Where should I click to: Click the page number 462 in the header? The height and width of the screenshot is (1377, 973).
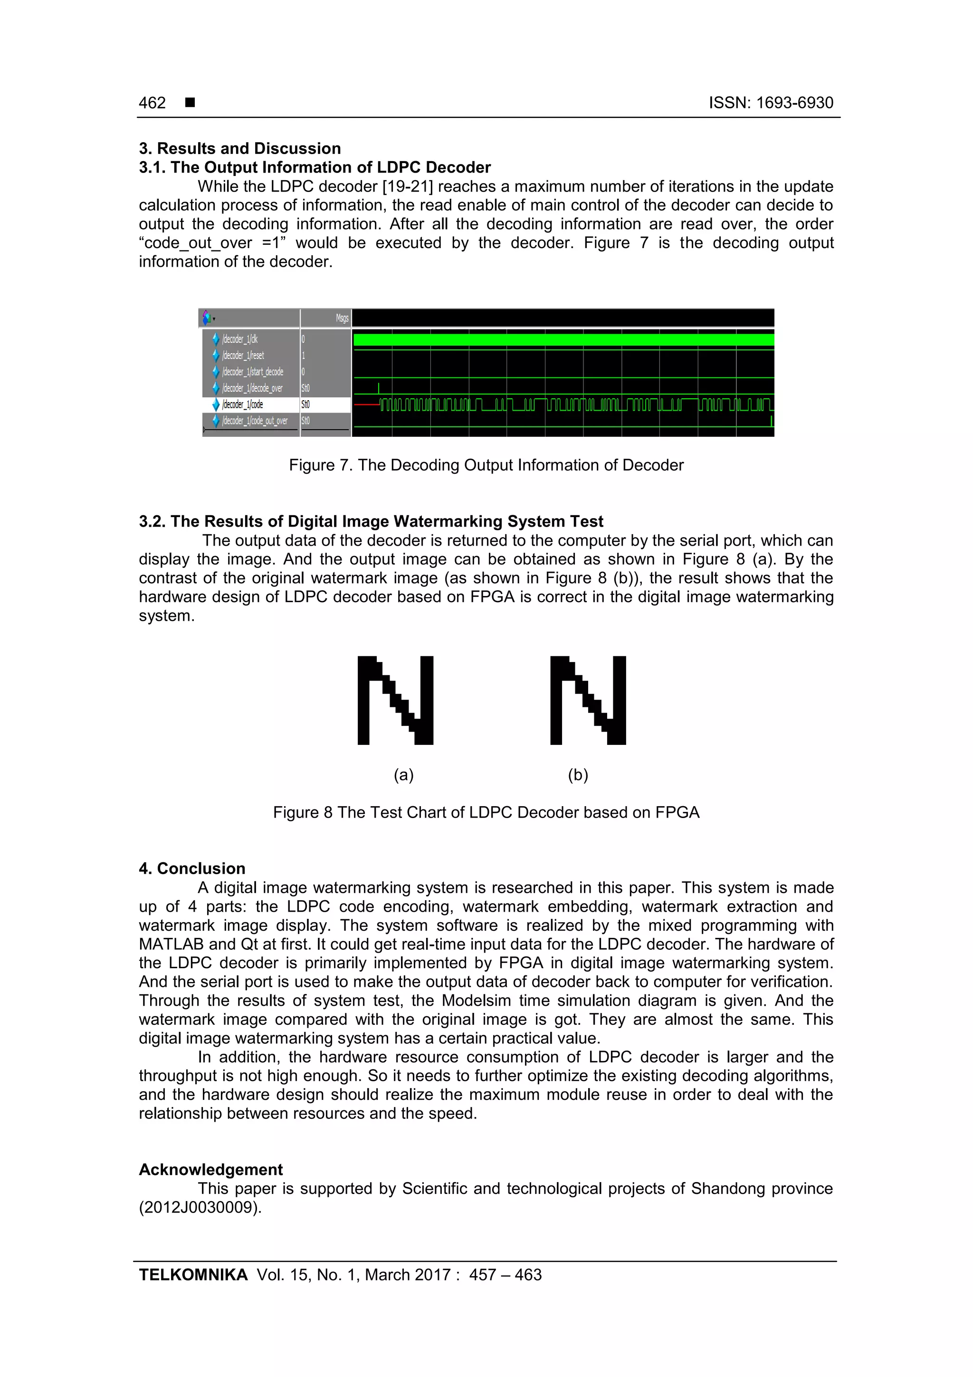point(153,103)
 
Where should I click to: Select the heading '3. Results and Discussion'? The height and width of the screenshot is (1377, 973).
point(240,148)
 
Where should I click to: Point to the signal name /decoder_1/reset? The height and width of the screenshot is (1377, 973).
point(243,355)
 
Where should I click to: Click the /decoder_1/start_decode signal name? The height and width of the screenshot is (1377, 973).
point(252,372)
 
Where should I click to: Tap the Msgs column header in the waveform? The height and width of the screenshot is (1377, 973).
point(342,318)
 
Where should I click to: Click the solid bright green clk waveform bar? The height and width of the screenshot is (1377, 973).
point(563,340)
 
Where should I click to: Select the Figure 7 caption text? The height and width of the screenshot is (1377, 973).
point(486,465)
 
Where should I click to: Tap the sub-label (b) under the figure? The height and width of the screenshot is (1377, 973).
point(578,775)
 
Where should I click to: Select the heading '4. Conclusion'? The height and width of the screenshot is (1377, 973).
point(192,868)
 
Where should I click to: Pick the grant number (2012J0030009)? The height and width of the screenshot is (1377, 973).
point(200,1207)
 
